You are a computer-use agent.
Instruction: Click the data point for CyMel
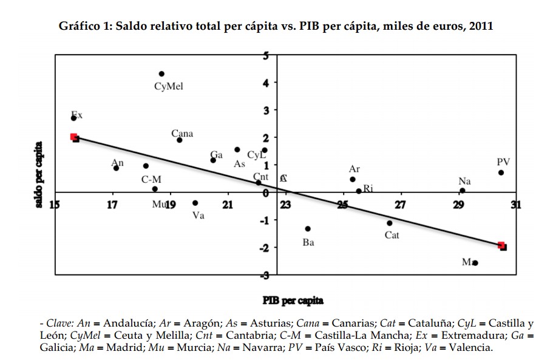[x=161, y=74]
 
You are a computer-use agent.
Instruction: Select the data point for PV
[x=501, y=172]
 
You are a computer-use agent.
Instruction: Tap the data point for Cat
[x=390, y=223]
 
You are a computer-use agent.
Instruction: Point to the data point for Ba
[x=308, y=229]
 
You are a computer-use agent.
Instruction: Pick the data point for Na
[x=463, y=191]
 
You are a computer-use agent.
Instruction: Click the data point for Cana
[x=180, y=140]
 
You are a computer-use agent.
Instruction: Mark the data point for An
[x=116, y=168]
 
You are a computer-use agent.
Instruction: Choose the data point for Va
[x=195, y=203]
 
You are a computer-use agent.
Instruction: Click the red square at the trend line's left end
[x=73, y=137]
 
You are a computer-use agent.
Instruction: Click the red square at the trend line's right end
[x=501, y=245]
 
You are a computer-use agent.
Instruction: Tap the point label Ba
[x=308, y=243]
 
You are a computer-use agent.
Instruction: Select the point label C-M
[x=151, y=180]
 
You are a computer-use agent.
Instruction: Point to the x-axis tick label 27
[x=400, y=205]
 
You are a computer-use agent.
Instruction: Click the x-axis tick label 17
[x=112, y=205]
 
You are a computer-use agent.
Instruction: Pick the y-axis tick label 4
[x=265, y=83]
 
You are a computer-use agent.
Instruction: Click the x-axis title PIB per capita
[x=293, y=300]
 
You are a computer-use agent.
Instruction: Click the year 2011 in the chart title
[x=481, y=27]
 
